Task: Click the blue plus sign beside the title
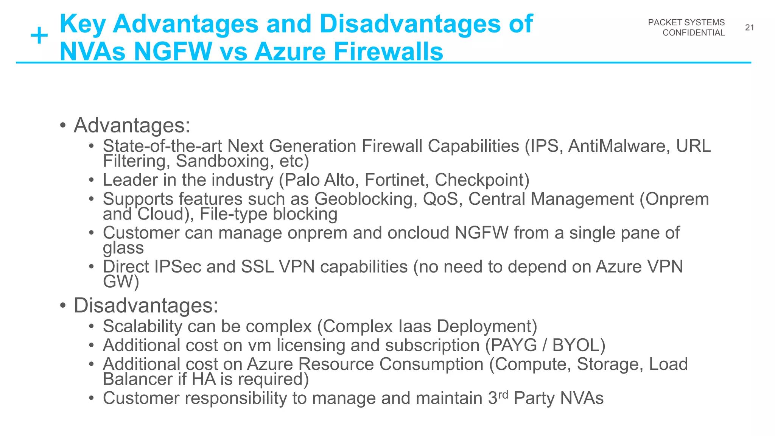39,37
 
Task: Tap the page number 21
749,28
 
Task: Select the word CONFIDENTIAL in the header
693,33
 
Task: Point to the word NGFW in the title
173,52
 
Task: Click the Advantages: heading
132,125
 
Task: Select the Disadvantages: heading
146,305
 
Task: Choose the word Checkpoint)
482,180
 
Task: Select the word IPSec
177,267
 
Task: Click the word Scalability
142,326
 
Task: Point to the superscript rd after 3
503,394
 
